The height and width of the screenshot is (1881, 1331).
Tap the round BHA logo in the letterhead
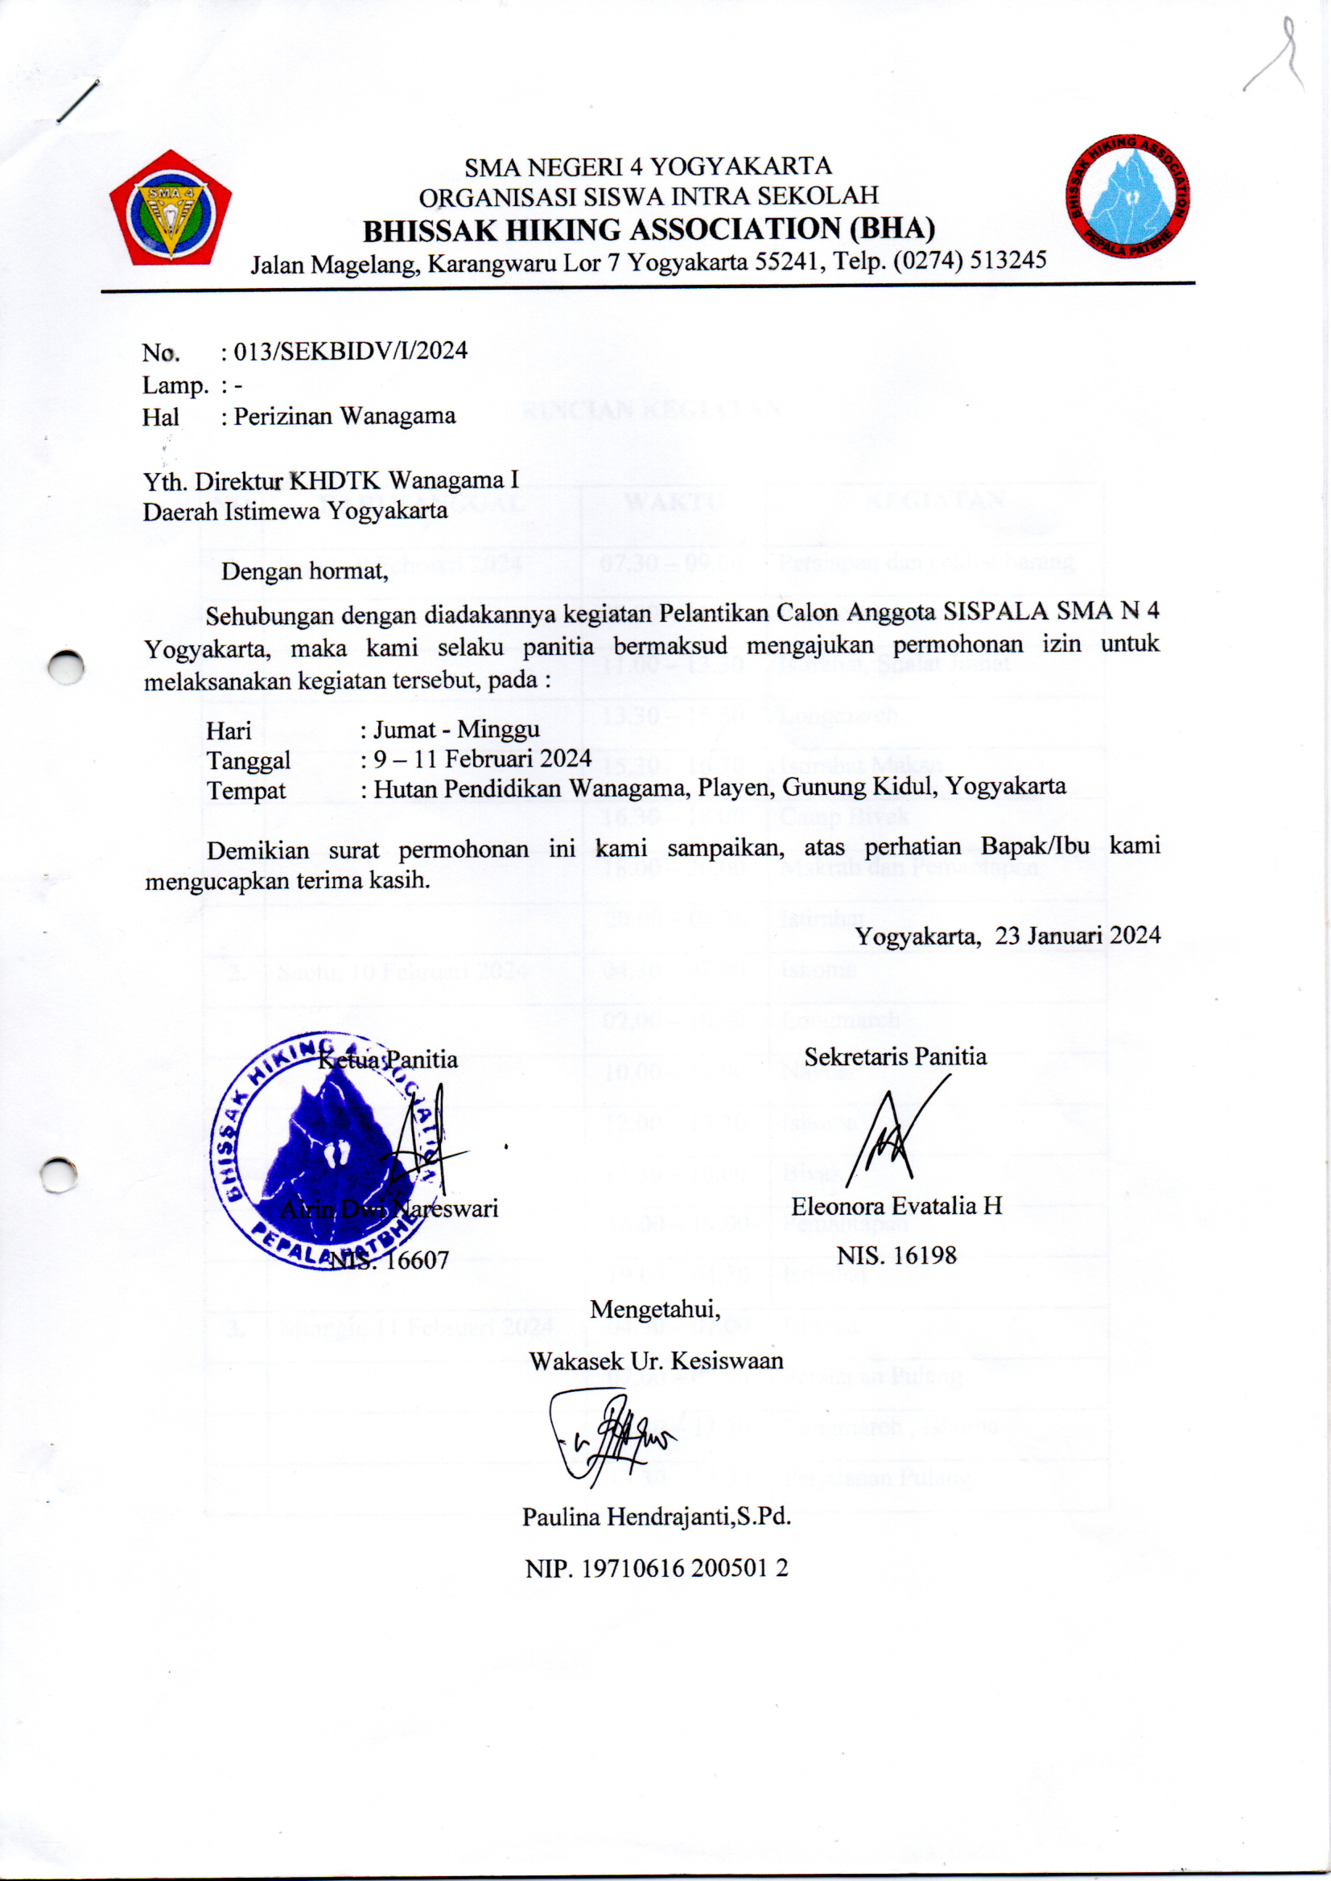tap(1128, 197)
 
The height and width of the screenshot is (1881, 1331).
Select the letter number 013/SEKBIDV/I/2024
tap(351, 352)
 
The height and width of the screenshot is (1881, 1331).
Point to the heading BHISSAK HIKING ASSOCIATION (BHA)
tap(649, 229)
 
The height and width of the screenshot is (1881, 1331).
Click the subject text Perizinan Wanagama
tap(344, 416)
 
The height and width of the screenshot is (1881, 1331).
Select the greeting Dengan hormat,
tap(305, 570)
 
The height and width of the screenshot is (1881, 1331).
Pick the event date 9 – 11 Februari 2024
tap(483, 759)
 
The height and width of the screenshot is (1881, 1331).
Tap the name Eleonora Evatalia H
tap(896, 1205)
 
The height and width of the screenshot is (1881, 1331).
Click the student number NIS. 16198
tap(896, 1255)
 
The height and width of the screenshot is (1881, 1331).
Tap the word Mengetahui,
tap(655, 1309)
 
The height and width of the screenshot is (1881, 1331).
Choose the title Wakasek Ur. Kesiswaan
tap(656, 1360)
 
